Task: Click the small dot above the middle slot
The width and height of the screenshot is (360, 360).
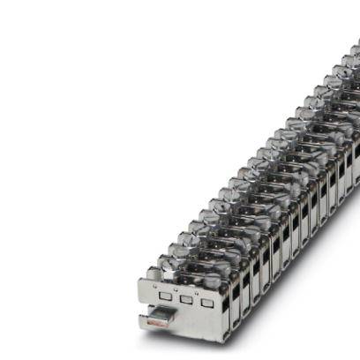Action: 176,290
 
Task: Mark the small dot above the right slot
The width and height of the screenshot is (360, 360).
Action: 196,294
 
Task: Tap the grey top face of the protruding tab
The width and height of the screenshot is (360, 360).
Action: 162,315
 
